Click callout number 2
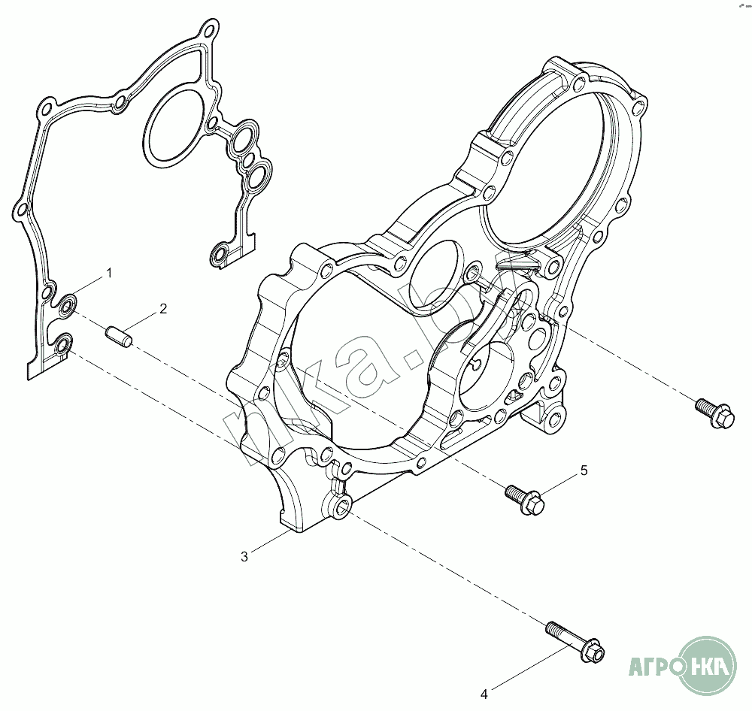162,308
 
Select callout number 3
244,556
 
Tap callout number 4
485,692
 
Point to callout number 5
584,471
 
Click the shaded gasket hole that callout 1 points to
68,304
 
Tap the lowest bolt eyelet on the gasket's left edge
62,346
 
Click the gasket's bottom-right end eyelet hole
219,256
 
